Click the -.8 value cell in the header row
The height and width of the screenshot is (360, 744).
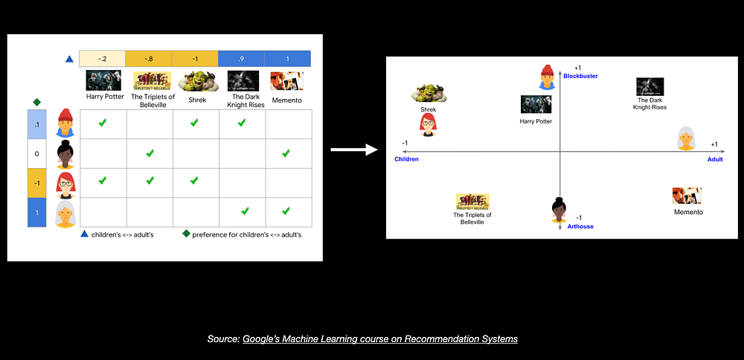pos(150,59)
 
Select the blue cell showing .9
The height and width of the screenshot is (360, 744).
pos(242,59)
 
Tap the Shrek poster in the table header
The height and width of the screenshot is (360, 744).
pos(196,80)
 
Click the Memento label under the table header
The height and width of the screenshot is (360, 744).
pos(287,96)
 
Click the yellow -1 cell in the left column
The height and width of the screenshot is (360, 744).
pos(37,183)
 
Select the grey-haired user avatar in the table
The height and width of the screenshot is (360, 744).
pos(65,213)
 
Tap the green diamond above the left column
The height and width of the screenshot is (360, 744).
pos(36,102)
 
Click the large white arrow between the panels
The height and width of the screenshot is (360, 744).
pos(354,150)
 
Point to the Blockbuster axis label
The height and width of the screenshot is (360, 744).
pos(580,76)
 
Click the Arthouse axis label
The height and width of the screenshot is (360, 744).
pos(580,226)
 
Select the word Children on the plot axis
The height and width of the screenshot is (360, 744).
pos(407,159)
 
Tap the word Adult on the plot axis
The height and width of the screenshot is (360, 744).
pos(715,159)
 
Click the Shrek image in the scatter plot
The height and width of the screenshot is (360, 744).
pos(429,93)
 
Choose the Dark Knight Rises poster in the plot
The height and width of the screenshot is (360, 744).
pos(650,86)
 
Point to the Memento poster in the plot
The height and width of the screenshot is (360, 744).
pos(687,196)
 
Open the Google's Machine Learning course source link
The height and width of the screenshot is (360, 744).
pos(379,339)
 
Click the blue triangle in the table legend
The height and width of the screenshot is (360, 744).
pos(85,234)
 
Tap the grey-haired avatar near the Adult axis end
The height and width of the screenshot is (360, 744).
pos(686,138)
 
